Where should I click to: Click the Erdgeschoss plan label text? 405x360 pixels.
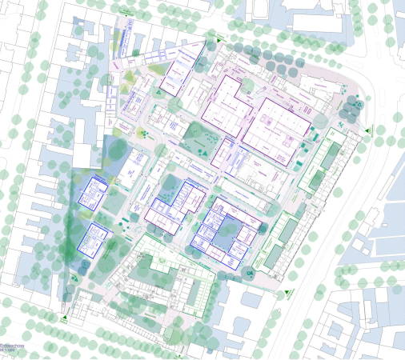coord(13,347)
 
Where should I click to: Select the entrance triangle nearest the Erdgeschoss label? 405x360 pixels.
coord(63,318)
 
